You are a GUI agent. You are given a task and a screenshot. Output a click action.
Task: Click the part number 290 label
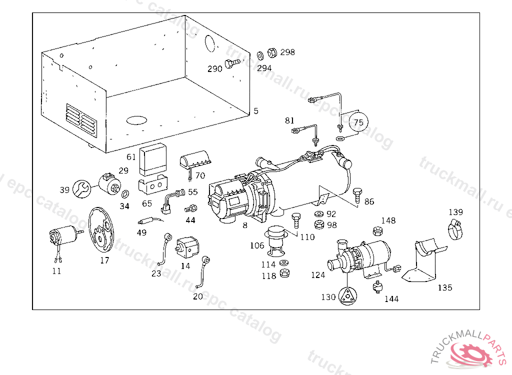coord(214,68)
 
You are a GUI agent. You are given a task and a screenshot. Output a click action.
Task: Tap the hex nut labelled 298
coord(272,52)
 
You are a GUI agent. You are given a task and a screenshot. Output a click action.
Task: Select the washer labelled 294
coord(260,54)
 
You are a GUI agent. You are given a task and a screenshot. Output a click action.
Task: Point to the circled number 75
coord(357,122)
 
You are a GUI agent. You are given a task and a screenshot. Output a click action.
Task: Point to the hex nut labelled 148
coord(378,230)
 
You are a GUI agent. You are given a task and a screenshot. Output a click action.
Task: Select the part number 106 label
coord(257,245)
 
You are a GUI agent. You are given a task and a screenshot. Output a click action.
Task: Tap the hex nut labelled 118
coord(284,272)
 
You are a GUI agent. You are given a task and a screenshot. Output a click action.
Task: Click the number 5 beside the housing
coord(256,111)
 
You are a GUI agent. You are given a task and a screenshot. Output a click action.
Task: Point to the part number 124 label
coord(318,275)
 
